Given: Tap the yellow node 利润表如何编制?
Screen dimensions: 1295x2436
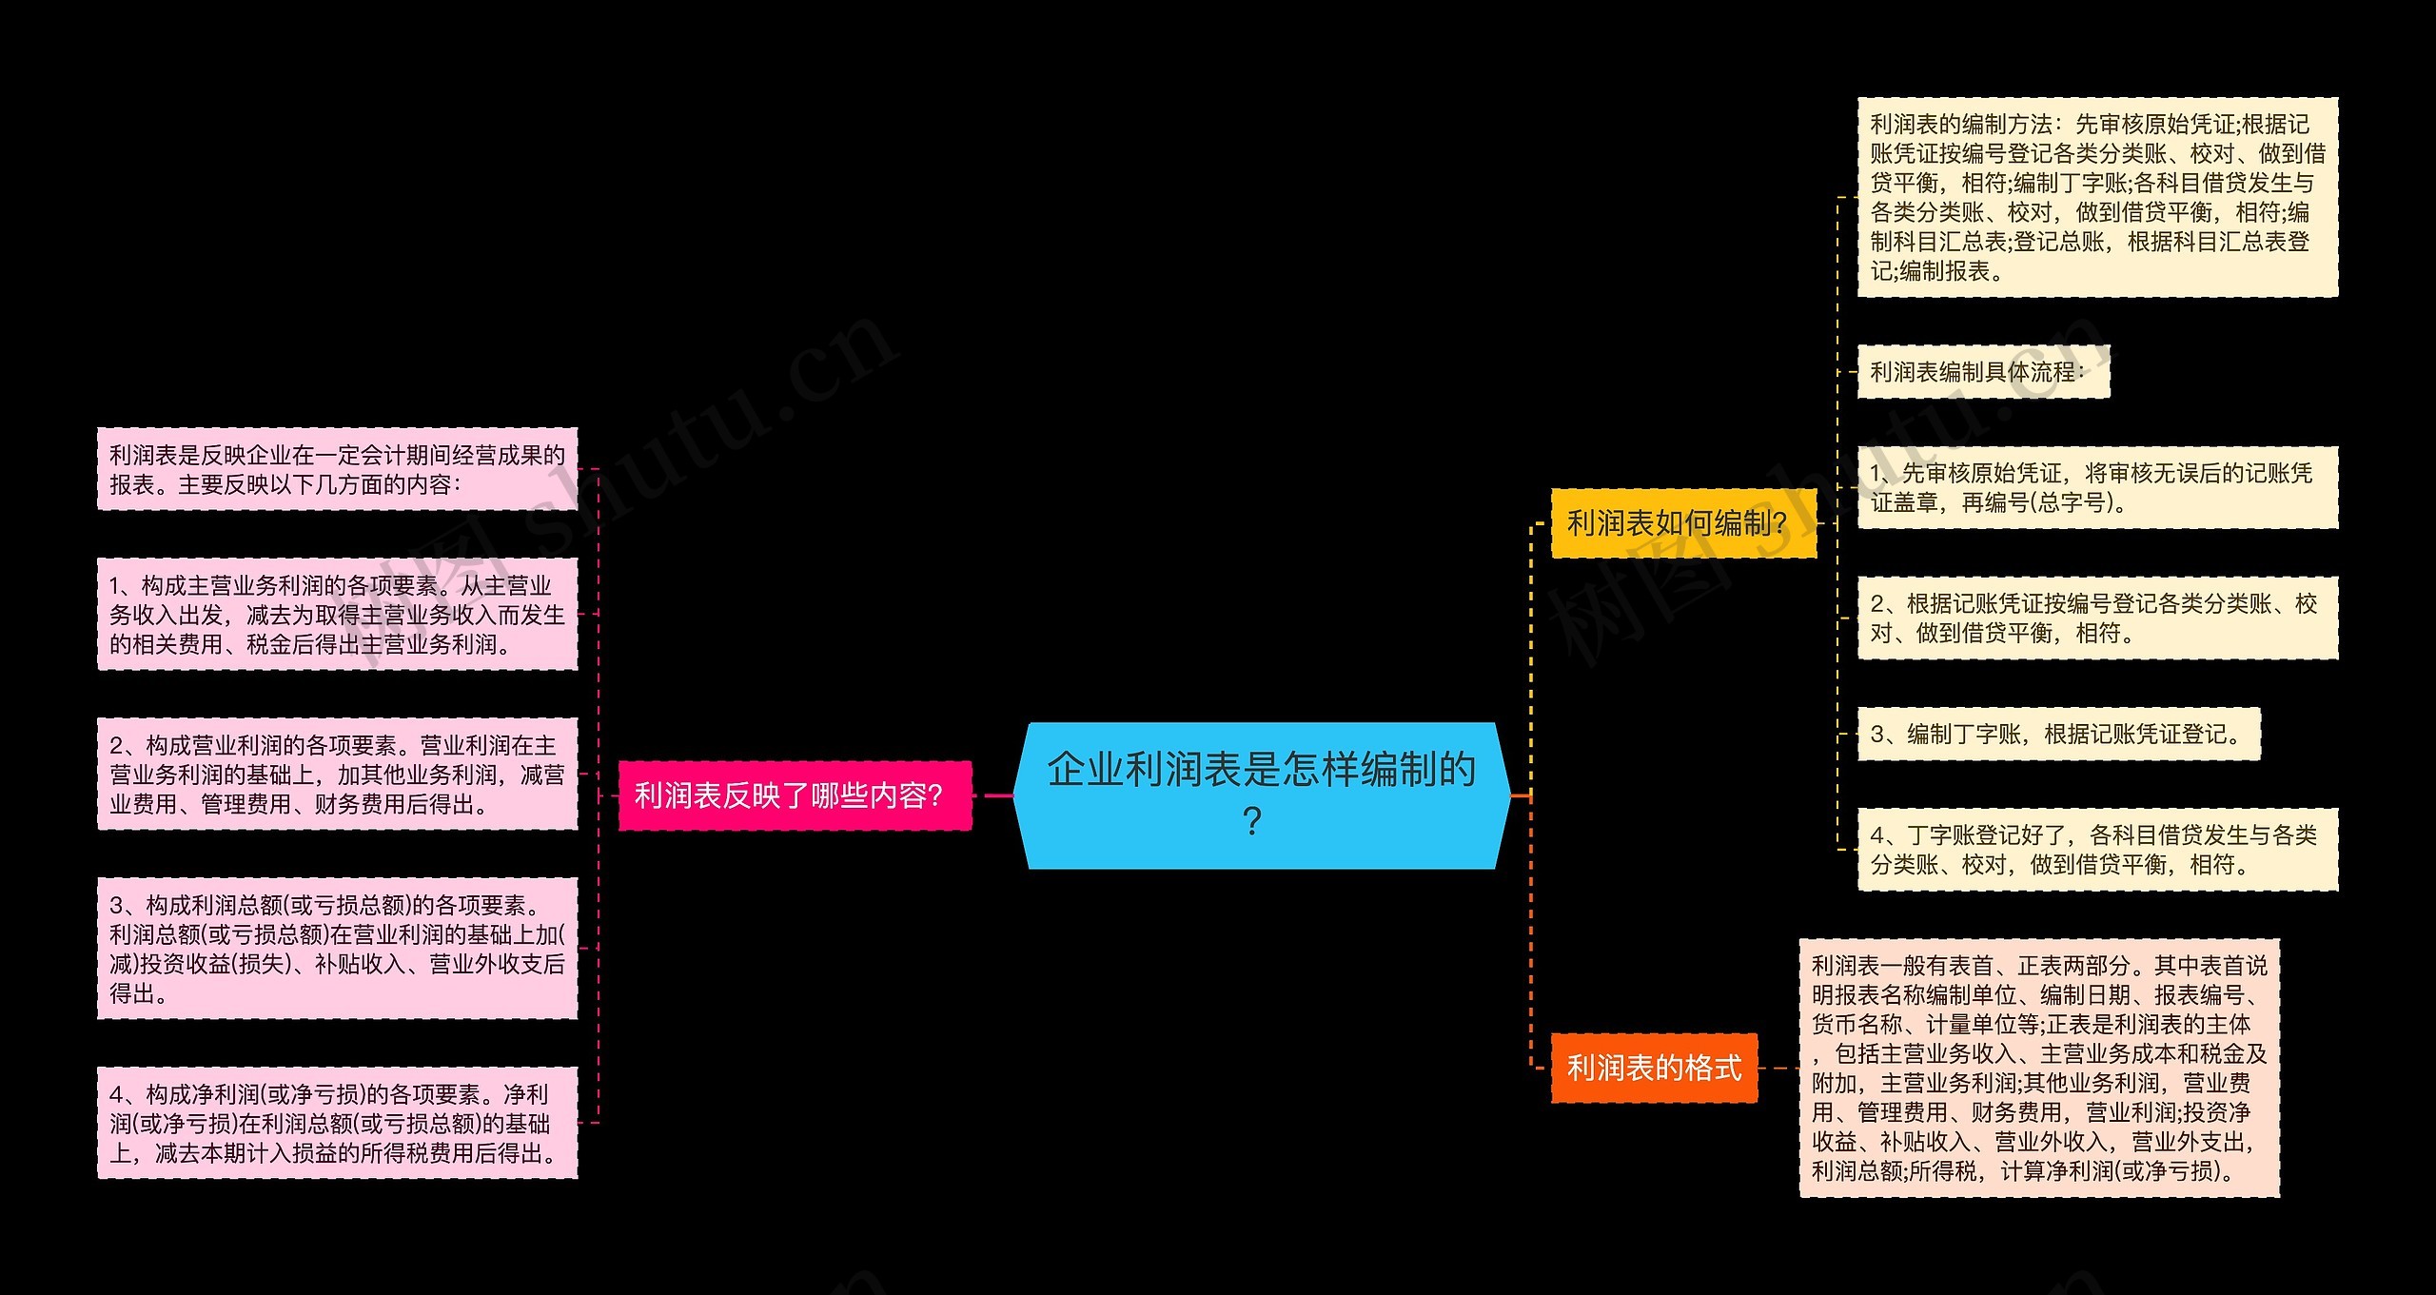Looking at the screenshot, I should pos(1682,522).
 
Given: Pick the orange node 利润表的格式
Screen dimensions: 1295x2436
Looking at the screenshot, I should pos(1654,1068).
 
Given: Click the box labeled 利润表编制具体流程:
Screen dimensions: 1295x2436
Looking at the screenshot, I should pos(1983,371).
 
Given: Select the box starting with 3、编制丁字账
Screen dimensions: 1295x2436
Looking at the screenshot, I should pos(2057,734).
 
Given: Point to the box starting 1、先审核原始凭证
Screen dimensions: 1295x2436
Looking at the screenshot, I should pos(2096,487).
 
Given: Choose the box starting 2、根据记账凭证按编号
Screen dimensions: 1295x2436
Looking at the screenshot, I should pos(2096,618).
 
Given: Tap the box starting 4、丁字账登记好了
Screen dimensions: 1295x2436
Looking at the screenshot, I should pos(2096,849).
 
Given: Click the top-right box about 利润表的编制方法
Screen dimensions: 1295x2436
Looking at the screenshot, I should pos(2096,197).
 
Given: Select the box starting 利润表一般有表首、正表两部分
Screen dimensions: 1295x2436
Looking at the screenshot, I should pos(2038,1068).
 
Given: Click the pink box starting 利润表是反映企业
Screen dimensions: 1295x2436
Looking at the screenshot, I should pos(337,469).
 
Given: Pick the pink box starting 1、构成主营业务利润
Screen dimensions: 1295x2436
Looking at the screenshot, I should pos(337,614).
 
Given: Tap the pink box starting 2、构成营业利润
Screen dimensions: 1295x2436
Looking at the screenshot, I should pos(337,774).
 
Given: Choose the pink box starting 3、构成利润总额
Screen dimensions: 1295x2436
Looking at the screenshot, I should pos(337,948).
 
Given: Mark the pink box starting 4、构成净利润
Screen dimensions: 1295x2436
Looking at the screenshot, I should pos(337,1123).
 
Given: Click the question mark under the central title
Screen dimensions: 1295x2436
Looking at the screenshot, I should pos(1252,820).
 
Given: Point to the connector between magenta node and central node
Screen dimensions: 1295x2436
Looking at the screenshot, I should pos(993,795).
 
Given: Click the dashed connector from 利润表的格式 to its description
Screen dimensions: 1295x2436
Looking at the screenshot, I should pos(1778,1068).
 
